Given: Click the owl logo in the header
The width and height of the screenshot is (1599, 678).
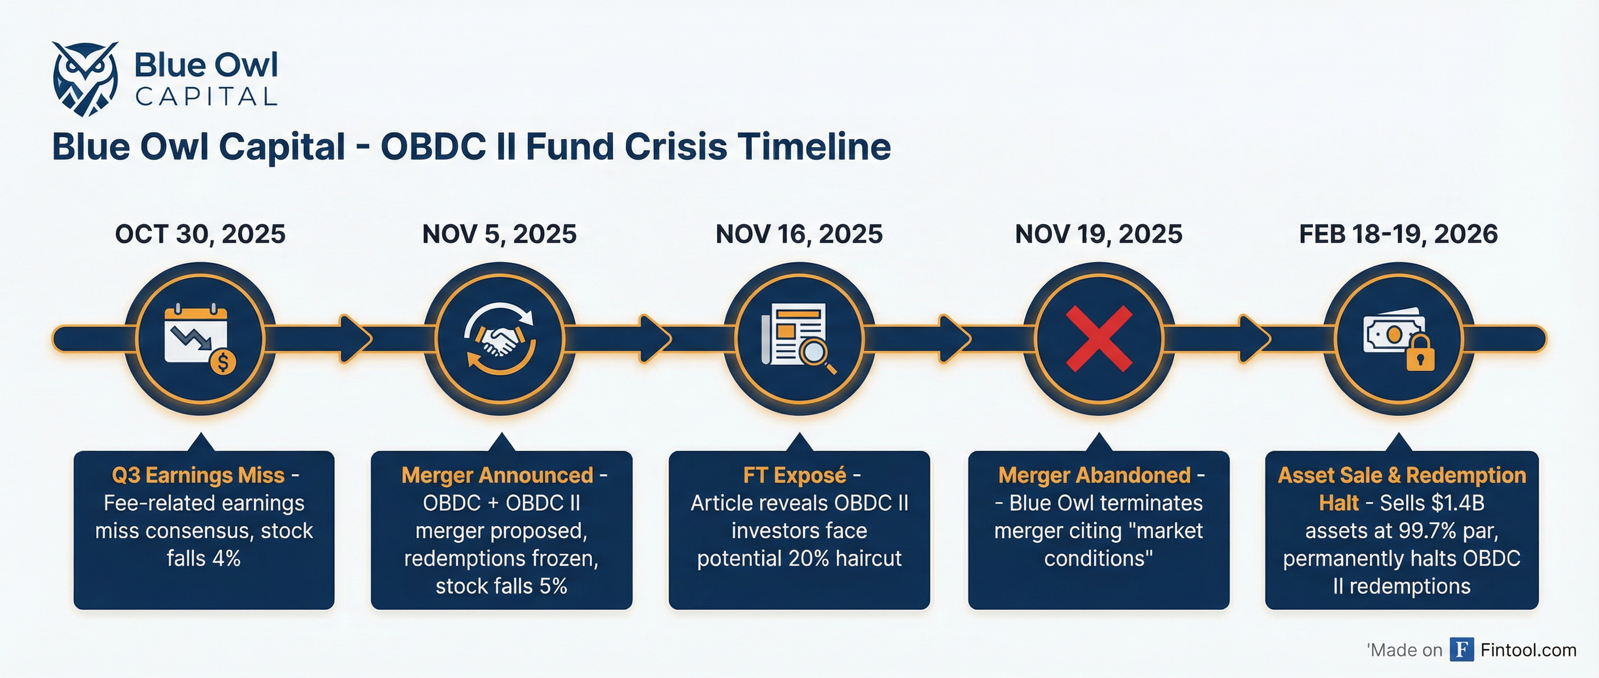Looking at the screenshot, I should [x=85, y=79].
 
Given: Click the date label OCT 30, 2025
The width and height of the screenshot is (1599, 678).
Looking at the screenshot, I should [x=200, y=235].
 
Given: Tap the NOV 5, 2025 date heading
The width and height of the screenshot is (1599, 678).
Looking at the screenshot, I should [x=499, y=235].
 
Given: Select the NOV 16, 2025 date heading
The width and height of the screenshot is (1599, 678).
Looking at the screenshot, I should [x=799, y=235].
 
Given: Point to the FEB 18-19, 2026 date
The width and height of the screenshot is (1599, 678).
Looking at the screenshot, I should [x=1398, y=235].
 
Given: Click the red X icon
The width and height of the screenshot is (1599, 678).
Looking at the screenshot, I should [x=1099, y=338].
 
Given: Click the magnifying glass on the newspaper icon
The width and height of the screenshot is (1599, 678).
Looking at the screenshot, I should [x=815, y=354].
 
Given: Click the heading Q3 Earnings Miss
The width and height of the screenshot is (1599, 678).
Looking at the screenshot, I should [x=198, y=475].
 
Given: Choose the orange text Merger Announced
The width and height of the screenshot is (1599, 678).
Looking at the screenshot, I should [x=497, y=475].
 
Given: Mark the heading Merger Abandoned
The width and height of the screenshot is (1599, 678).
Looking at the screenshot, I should [x=1094, y=475].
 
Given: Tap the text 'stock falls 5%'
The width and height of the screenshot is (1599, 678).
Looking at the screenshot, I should [x=501, y=586].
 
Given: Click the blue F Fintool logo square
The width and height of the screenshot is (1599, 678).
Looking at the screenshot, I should [x=1462, y=649].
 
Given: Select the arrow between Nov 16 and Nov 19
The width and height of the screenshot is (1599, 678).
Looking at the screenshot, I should [x=954, y=338].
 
